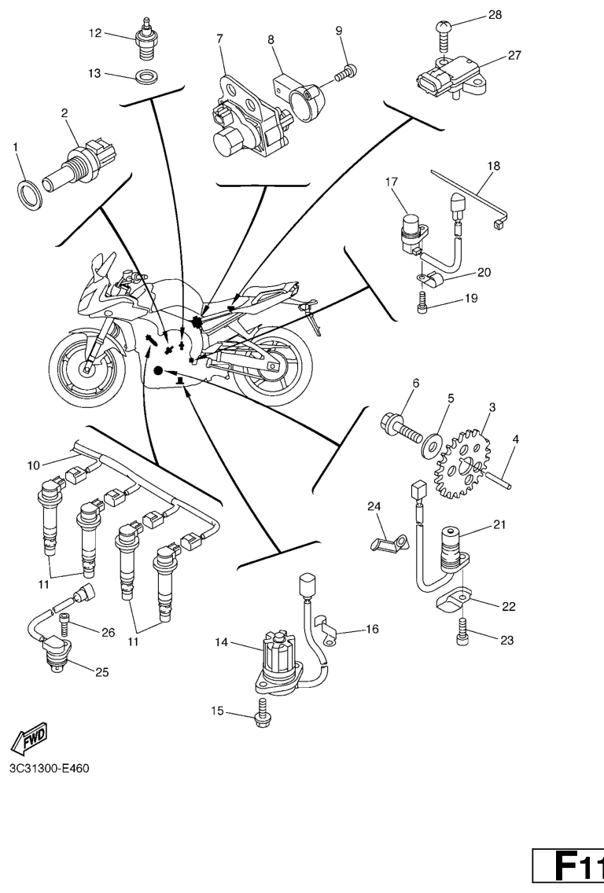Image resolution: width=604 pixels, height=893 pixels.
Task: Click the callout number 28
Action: (x=494, y=15)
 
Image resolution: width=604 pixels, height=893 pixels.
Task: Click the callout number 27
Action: (x=514, y=56)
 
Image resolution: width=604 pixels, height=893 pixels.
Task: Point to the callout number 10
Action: (x=33, y=465)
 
